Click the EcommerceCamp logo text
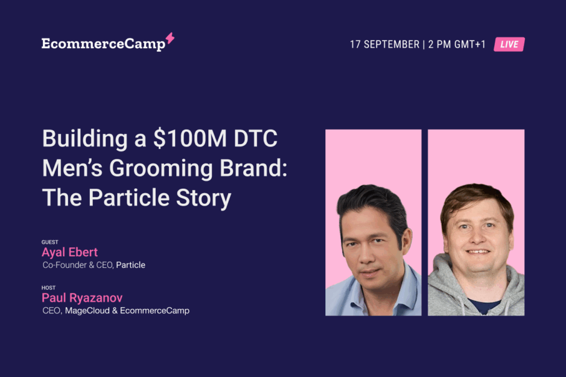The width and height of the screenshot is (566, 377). tap(103, 44)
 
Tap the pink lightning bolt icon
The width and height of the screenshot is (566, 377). tap(170, 39)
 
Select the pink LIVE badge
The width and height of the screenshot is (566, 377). tap(509, 45)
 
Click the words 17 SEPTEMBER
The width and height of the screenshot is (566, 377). tap(384, 45)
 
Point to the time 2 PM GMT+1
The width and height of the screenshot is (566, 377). tap(457, 45)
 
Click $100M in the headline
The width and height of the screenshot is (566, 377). tap(190, 139)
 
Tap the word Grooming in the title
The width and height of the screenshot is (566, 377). tap(161, 168)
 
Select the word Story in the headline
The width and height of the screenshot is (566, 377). tap(203, 198)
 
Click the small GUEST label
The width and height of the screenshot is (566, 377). tap(50, 242)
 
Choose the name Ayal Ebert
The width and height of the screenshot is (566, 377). tap(69, 252)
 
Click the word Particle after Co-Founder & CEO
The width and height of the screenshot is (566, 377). tap(131, 265)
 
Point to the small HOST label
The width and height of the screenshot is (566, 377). tap(48, 288)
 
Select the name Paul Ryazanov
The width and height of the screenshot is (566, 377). tap(82, 298)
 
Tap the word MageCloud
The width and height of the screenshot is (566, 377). tap(87, 311)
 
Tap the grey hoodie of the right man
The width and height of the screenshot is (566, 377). tap(448, 288)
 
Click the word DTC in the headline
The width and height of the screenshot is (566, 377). tap(256, 139)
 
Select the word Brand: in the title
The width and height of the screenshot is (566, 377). tap(253, 168)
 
